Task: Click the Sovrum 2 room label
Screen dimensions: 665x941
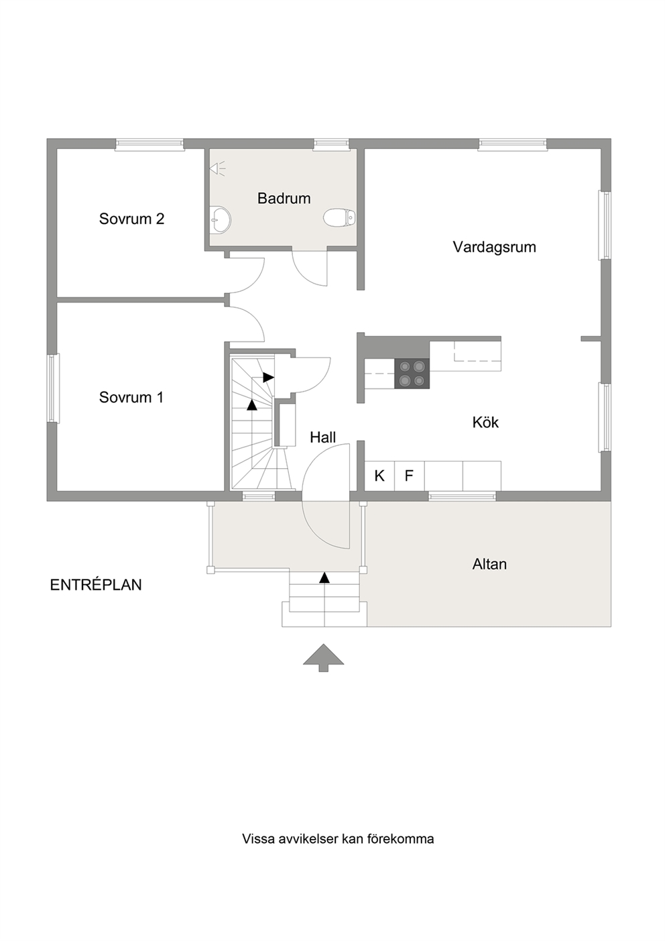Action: coord(131,219)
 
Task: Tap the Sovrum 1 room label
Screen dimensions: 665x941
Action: coord(131,398)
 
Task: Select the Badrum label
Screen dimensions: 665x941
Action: coord(284,199)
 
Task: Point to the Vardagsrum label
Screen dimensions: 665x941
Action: coord(494,247)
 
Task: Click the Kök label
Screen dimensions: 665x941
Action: coord(485,422)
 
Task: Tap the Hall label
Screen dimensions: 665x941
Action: coord(323,438)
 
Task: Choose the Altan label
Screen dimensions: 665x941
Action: coord(489,564)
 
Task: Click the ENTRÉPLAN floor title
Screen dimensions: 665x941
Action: coord(96,585)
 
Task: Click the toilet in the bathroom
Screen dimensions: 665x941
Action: coord(339,217)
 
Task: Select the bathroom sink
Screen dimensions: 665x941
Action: coord(221,219)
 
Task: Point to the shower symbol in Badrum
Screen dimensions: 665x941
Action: coord(217,168)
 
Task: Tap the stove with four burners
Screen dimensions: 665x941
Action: coord(412,374)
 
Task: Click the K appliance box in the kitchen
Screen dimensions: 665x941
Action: coord(379,476)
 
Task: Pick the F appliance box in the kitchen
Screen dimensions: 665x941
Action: coord(410,476)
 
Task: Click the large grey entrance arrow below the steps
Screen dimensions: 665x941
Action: coord(323,658)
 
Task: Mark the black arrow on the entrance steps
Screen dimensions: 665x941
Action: coord(324,577)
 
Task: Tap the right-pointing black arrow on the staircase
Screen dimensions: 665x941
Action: coord(268,377)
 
